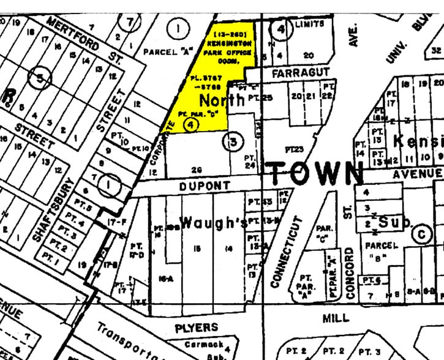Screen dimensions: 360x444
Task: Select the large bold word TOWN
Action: point(315,173)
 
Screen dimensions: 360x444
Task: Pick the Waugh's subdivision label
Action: point(214,222)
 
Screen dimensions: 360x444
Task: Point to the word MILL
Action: point(336,318)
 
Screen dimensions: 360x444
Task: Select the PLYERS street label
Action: point(196,328)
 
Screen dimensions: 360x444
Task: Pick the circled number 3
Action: point(233,143)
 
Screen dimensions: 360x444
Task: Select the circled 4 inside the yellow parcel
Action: point(192,124)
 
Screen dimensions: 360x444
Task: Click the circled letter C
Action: point(421,233)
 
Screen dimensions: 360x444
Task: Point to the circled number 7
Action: point(130,23)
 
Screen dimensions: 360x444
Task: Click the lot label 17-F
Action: point(118,223)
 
